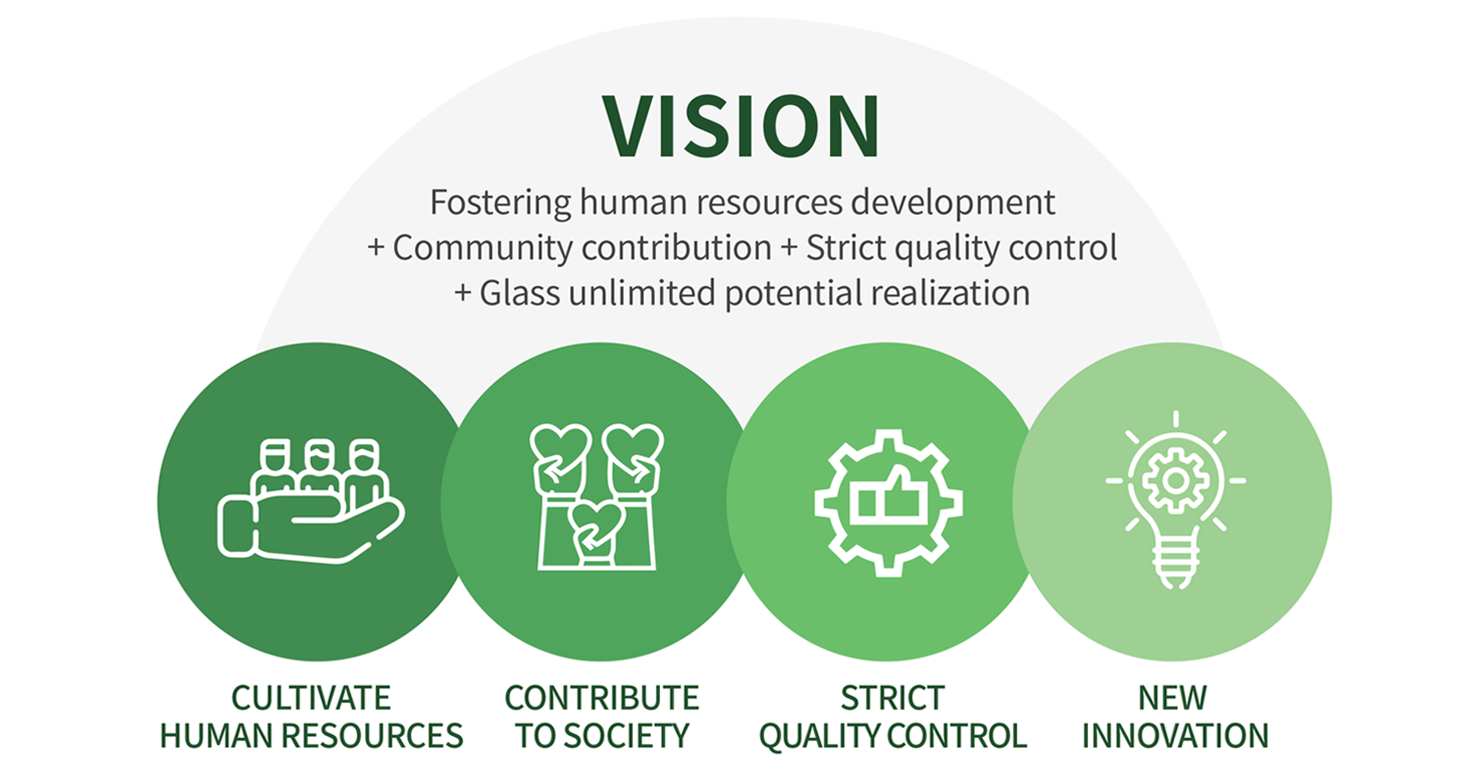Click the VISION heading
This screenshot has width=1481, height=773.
click(x=741, y=126)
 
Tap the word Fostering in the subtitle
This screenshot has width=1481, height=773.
click(x=500, y=203)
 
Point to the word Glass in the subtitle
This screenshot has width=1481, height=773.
click(x=520, y=293)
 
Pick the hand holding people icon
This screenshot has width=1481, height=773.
click(x=311, y=501)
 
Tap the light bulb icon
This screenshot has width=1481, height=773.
click(x=1175, y=500)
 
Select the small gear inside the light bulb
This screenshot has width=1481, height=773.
click(x=1175, y=480)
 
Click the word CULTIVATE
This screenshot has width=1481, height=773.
click(x=311, y=697)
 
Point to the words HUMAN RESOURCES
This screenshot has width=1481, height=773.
click(x=311, y=736)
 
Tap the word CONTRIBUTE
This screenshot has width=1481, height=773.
click(x=602, y=697)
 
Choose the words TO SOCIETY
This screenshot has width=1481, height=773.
click(x=602, y=736)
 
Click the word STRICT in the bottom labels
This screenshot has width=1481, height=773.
click(x=892, y=697)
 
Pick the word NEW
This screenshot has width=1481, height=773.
click(x=1173, y=697)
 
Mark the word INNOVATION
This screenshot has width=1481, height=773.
click(x=1175, y=736)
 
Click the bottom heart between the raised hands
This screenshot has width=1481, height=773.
click(x=596, y=520)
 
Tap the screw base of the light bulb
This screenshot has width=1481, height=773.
click(x=1175, y=562)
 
